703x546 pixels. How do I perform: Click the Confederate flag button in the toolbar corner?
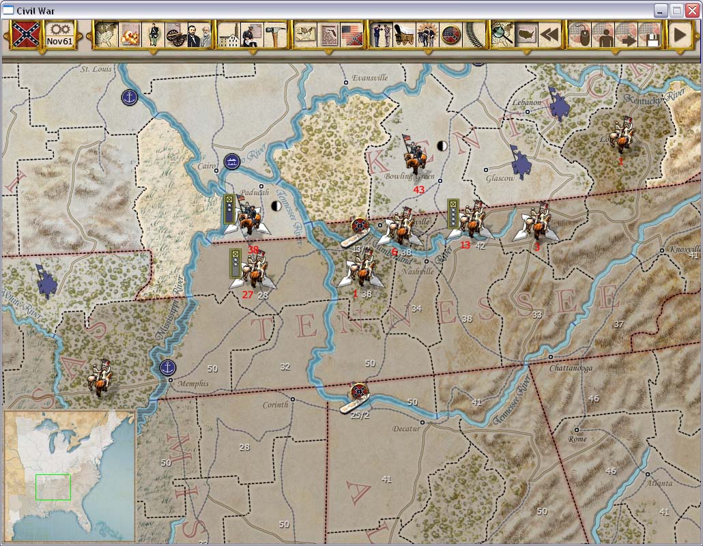pyautogui.click(x=25, y=33)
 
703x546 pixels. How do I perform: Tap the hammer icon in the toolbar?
pyautogui.click(x=275, y=34)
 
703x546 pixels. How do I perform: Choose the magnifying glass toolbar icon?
pyautogui.click(x=502, y=34)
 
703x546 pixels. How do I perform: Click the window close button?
pyautogui.click(x=692, y=10)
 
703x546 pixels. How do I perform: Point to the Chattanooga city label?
pyautogui.click(x=571, y=368)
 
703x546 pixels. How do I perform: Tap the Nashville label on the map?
pyautogui.click(x=418, y=271)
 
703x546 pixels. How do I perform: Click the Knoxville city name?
pyautogui.click(x=684, y=249)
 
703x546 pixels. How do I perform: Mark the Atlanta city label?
pyautogui.click(x=659, y=483)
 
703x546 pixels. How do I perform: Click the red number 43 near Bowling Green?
pyautogui.click(x=419, y=190)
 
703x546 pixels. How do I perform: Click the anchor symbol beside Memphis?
pyautogui.click(x=167, y=368)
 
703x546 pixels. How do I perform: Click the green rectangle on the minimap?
pyautogui.click(x=53, y=487)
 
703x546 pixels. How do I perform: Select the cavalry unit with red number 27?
pyautogui.click(x=254, y=271)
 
